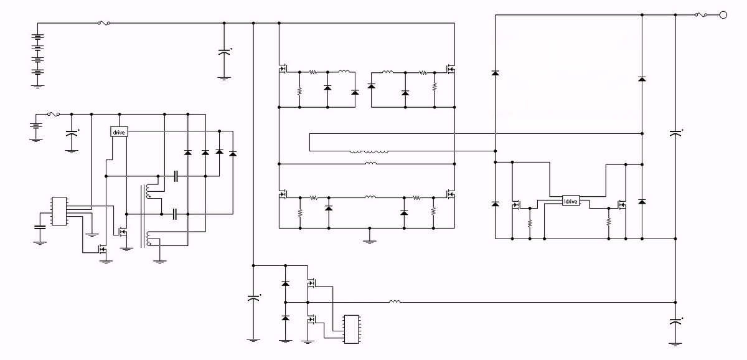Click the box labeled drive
[x=118, y=132]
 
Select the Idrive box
[x=571, y=201]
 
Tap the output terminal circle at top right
[x=723, y=16]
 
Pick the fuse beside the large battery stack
[x=104, y=24]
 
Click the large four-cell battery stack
[x=37, y=56]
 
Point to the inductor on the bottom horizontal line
[x=394, y=302]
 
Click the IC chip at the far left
[x=59, y=211]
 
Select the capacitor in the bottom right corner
[x=675, y=322]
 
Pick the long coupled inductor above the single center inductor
[x=369, y=151]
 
